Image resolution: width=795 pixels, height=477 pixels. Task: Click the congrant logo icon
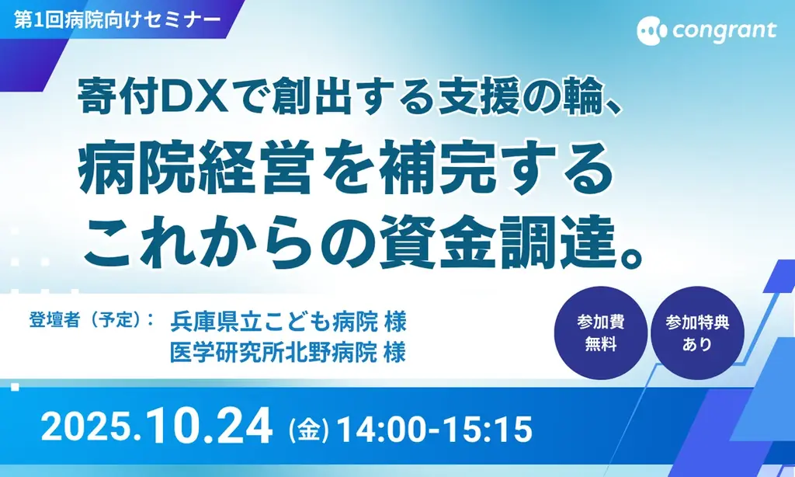tap(651, 31)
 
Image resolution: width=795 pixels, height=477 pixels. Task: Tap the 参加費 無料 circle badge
tap(601, 333)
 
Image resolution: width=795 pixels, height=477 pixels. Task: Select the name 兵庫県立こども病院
tap(274, 320)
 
